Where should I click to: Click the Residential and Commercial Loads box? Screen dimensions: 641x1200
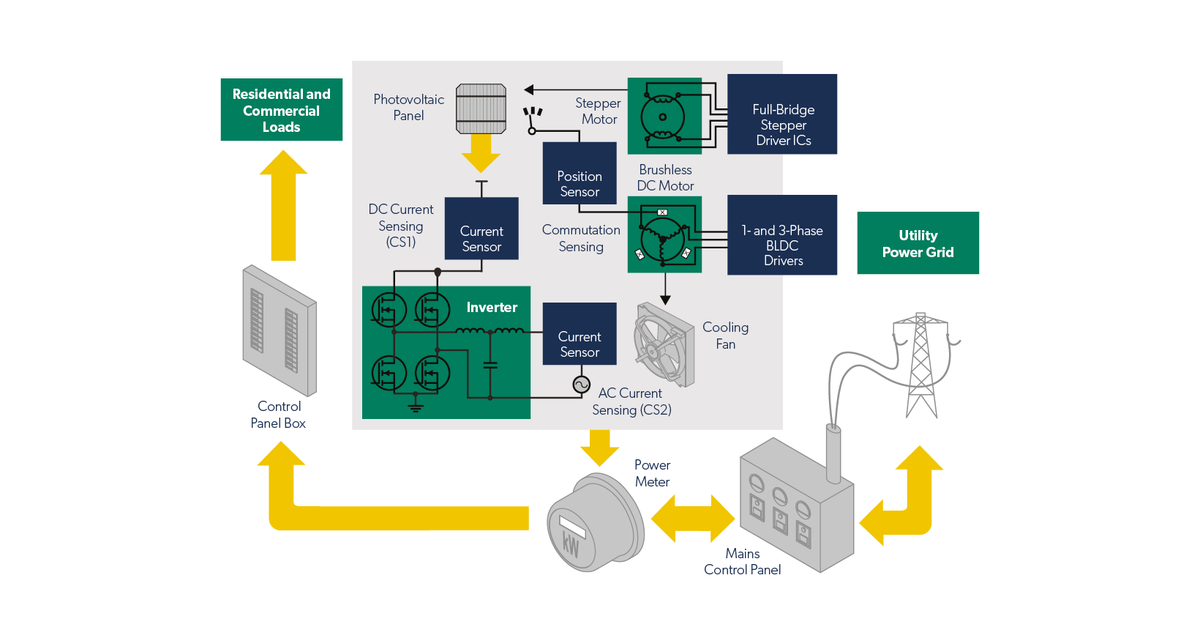(x=282, y=110)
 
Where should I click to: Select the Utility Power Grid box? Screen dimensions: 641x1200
(x=918, y=243)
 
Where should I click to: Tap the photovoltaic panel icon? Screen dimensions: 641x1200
(x=481, y=108)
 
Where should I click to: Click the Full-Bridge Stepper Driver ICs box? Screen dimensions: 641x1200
(x=782, y=114)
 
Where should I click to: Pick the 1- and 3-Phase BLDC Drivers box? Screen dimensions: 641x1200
(x=782, y=235)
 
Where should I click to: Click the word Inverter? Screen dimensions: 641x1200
(x=492, y=308)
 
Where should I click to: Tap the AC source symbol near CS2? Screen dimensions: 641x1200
(x=581, y=385)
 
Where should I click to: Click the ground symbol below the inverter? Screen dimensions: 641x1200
(x=416, y=407)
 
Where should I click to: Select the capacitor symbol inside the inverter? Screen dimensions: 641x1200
(x=490, y=364)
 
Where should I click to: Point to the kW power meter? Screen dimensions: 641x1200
(x=595, y=522)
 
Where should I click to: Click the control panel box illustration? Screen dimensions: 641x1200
(x=280, y=330)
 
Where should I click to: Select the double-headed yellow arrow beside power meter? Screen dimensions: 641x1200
(x=692, y=519)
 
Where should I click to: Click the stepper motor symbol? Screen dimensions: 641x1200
(x=664, y=116)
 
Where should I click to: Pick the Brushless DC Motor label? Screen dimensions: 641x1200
(x=665, y=178)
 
